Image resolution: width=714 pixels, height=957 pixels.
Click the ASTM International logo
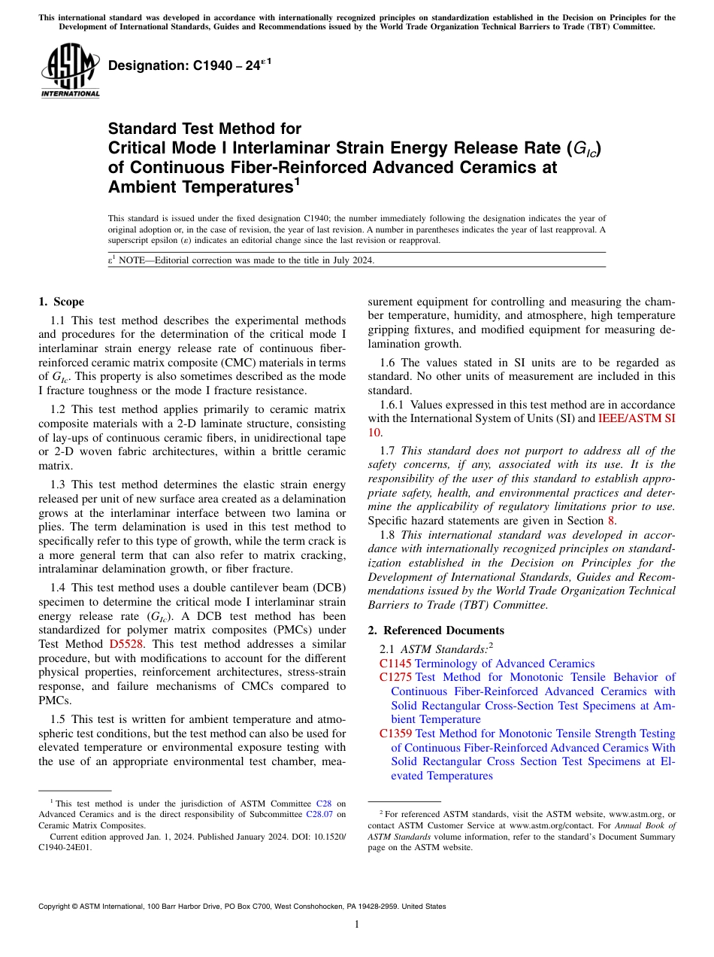[x=70, y=71]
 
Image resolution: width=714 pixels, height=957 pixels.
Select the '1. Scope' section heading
[x=61, y=302]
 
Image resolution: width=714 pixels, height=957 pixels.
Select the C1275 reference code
[x=395, y=678]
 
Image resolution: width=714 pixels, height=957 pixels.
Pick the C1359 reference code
[x=395, y=734]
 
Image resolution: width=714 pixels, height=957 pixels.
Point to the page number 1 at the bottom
[x=357, y=925]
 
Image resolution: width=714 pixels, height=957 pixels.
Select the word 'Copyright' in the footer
[x=57, y=907]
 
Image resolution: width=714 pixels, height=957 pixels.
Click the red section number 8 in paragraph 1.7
[x=611, y=521]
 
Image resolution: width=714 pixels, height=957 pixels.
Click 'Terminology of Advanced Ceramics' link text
[x=504, y=664]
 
